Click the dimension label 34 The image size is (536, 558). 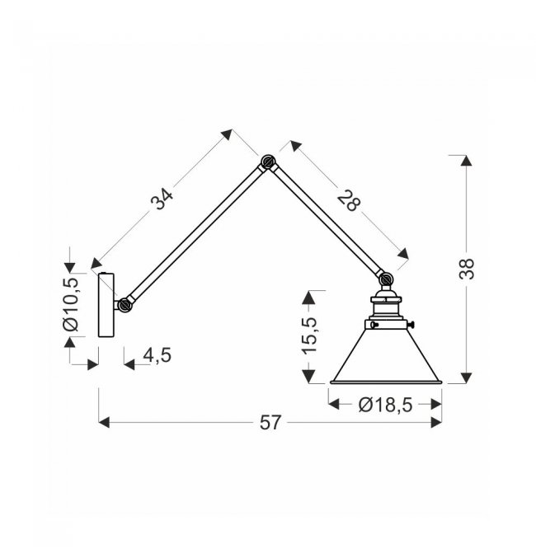[162, 199]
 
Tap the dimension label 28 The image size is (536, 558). [349, 201]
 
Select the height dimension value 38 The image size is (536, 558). [467, 269]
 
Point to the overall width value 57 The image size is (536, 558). [270, 423]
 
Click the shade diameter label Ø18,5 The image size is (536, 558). [385, 405]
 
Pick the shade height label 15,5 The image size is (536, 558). [309, 335]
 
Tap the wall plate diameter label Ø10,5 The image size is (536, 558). [71, 305]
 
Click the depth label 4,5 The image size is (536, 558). [158, 355]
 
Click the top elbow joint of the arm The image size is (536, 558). [267, 162]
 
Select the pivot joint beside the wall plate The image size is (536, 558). [125, 305]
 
